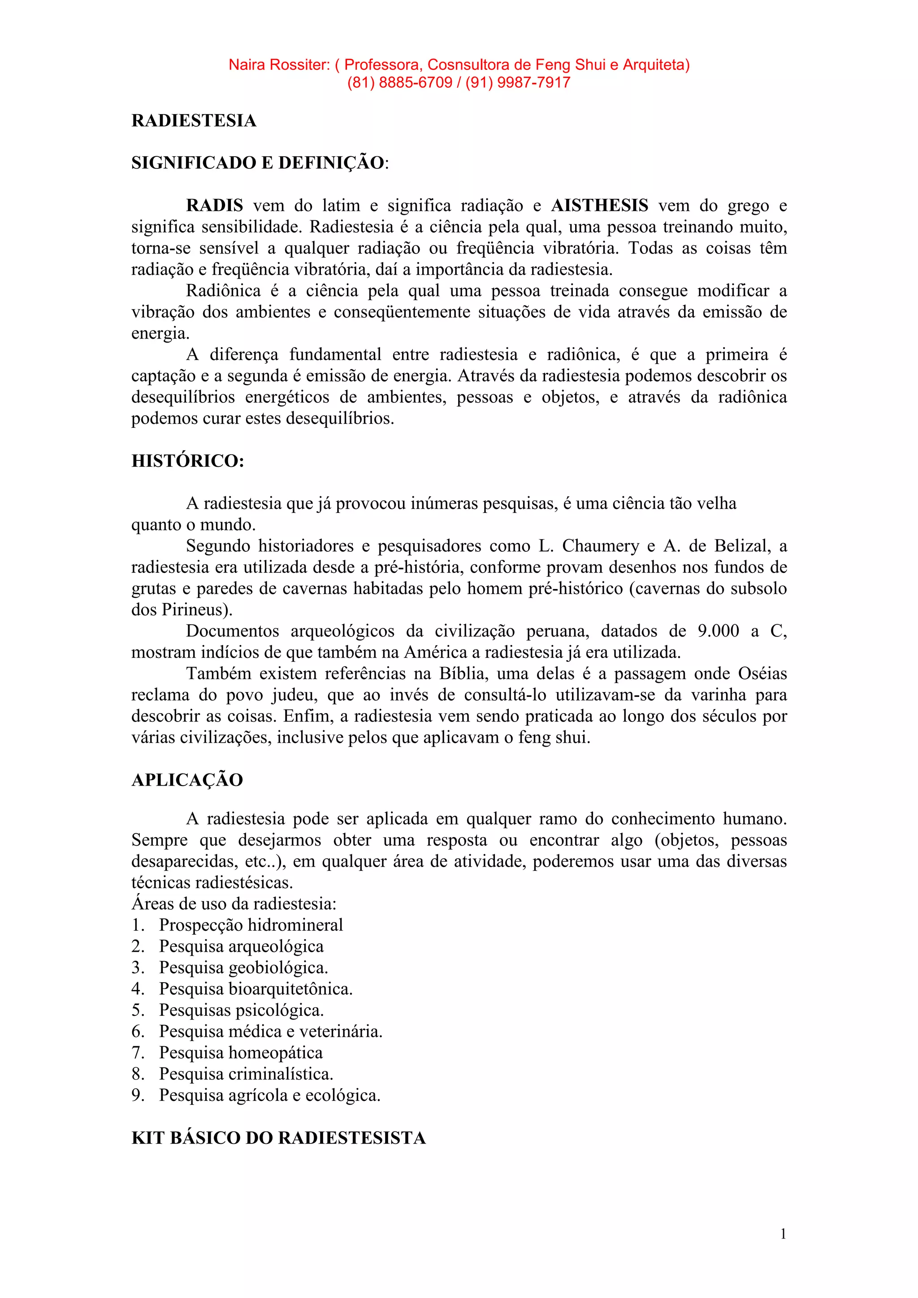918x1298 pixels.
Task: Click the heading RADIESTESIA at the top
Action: pos(194,120)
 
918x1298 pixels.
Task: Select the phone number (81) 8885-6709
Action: pos(399,82)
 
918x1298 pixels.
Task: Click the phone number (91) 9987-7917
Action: pos(518,82)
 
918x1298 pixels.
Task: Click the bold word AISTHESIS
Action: pos(600,205)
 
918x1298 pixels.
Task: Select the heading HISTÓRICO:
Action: pos(188,461)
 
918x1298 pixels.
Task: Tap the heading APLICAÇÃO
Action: pos(187,780)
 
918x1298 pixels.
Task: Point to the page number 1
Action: pos(783,1234)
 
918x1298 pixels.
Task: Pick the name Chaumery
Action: pos(600,546)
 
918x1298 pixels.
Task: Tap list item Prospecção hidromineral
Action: pos(251,925)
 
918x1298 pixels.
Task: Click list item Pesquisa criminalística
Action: pos(246,1074)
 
